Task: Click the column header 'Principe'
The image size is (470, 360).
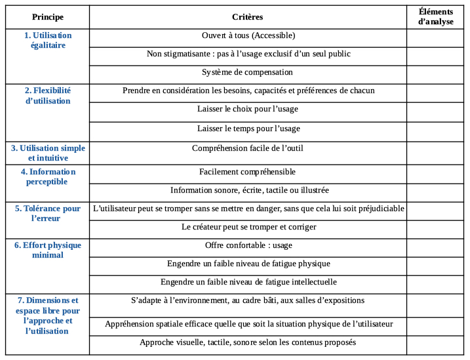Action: [47, 17]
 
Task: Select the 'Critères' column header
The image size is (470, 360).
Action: [247, 17]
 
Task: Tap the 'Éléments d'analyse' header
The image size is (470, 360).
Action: [435, 17]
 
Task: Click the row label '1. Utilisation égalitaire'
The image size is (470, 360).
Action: [47, 40]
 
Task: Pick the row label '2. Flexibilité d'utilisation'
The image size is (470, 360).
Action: [47, 96]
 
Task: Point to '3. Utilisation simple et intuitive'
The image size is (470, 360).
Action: [47, 153]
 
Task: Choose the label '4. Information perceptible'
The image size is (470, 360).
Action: [47, 176]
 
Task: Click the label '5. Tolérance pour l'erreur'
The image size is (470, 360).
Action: [47, 213]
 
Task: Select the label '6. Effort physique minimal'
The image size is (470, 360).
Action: [47, 250]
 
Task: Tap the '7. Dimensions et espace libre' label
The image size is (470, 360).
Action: [47, 315]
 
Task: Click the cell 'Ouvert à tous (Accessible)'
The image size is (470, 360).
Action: [248, 35]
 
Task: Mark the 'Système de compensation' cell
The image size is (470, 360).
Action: [248, 72]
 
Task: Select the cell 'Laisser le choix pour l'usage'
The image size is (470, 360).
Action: [248, 110]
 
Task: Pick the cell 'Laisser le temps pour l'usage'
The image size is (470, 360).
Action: [248, 129]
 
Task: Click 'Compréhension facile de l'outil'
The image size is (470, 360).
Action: [248, 149]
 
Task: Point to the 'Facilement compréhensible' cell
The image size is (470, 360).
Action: [248, 172]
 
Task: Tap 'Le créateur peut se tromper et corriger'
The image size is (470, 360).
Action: [248, 227]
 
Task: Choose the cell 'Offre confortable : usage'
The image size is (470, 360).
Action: [248, 245]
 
